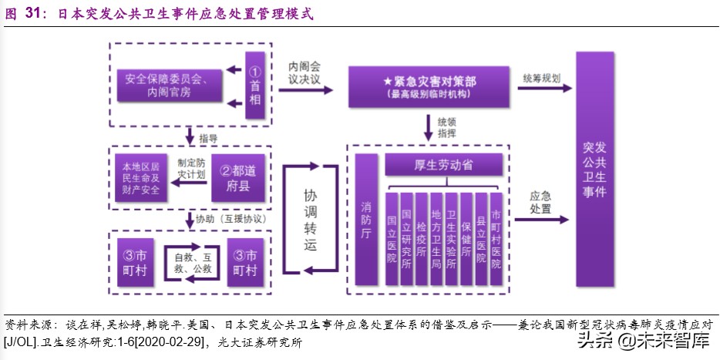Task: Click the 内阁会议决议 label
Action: (x=304, y=72)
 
